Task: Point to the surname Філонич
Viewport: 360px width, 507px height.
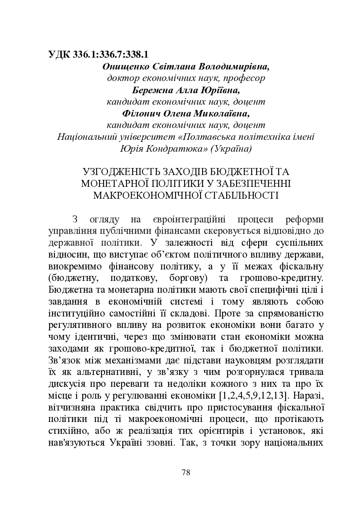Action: [139, 113]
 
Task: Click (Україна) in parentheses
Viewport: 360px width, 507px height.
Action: [231, 148]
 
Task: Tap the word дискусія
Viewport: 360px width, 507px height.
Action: [67, 385]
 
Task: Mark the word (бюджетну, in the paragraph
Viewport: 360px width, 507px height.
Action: [73, 278]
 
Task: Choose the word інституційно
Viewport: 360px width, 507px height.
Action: [75, 314]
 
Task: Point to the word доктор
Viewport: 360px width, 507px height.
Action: [122, 78]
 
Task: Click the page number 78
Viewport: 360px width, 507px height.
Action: [186, 473]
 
